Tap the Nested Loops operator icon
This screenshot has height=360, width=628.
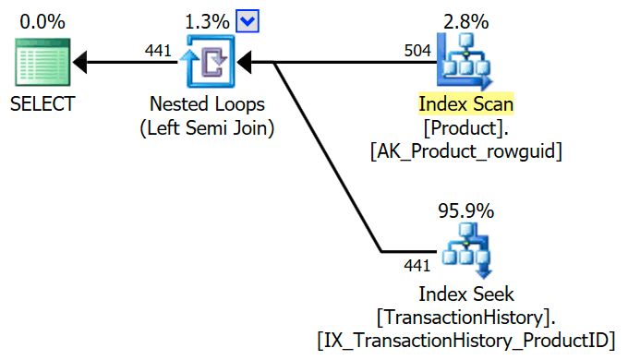coord(208,63)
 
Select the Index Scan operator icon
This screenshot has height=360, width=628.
coord(465,63)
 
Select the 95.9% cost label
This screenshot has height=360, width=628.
coord(465,210)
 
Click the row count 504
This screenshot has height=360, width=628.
coord(417,50)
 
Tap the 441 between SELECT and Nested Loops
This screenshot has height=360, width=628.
coord(159,50)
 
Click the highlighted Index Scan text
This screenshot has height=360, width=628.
coord(465,103)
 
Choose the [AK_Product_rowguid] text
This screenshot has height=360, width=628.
coord(465,150)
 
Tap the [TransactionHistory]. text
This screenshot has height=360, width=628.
coord(465,317)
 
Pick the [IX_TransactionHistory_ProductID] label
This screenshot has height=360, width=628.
coord(465,340)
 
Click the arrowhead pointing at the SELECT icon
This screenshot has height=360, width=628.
coord(81,63)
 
